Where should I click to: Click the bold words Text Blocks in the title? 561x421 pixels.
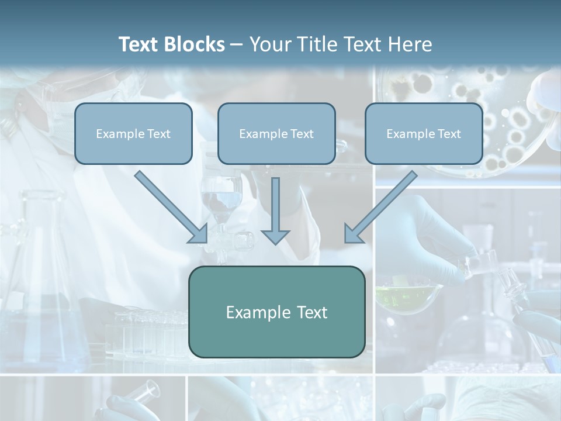[172, 44]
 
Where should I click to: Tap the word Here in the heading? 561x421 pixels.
[410, 44]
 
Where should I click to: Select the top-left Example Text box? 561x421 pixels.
[133, 133]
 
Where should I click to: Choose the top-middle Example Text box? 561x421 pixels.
[276, 133]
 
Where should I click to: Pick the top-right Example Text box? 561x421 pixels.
[424, 133]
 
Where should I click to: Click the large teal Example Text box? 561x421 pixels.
[276, 312]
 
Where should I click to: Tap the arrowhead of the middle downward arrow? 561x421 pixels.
[275, 236]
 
